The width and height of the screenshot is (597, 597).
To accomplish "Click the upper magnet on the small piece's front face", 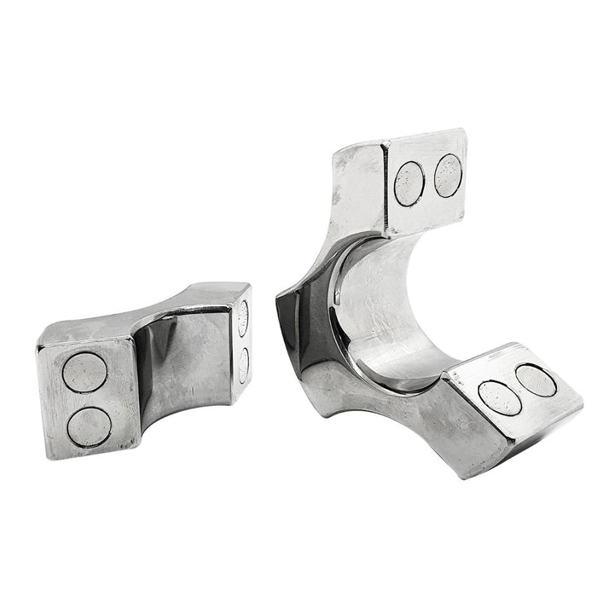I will pyautogui.click(x=85, y=372).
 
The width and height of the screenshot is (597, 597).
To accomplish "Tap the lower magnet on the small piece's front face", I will pyautogui.click(x=90, y=426).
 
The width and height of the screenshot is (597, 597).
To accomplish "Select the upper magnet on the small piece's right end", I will pyautogui.click(x=242, y=318).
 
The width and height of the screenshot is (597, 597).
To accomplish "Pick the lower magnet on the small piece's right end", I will pyautogui.click(x=243, y=364).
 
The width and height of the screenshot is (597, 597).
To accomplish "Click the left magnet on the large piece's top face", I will pyautogui.click(x=410, y=183).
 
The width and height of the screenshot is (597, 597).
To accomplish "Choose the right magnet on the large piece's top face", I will pyautogui.click(x=448, y=175).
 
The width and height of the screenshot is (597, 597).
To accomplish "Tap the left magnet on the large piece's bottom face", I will pyautogui.click(x=500, y=397).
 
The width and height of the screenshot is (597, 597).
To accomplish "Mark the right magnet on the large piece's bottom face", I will pyautogui.click(x=536, y=380).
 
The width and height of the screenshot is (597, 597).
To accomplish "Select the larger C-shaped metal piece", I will pyautogui.click(x=401, y=324).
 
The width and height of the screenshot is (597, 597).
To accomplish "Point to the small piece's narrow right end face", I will pyautogui.click(x=241, y=341).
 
